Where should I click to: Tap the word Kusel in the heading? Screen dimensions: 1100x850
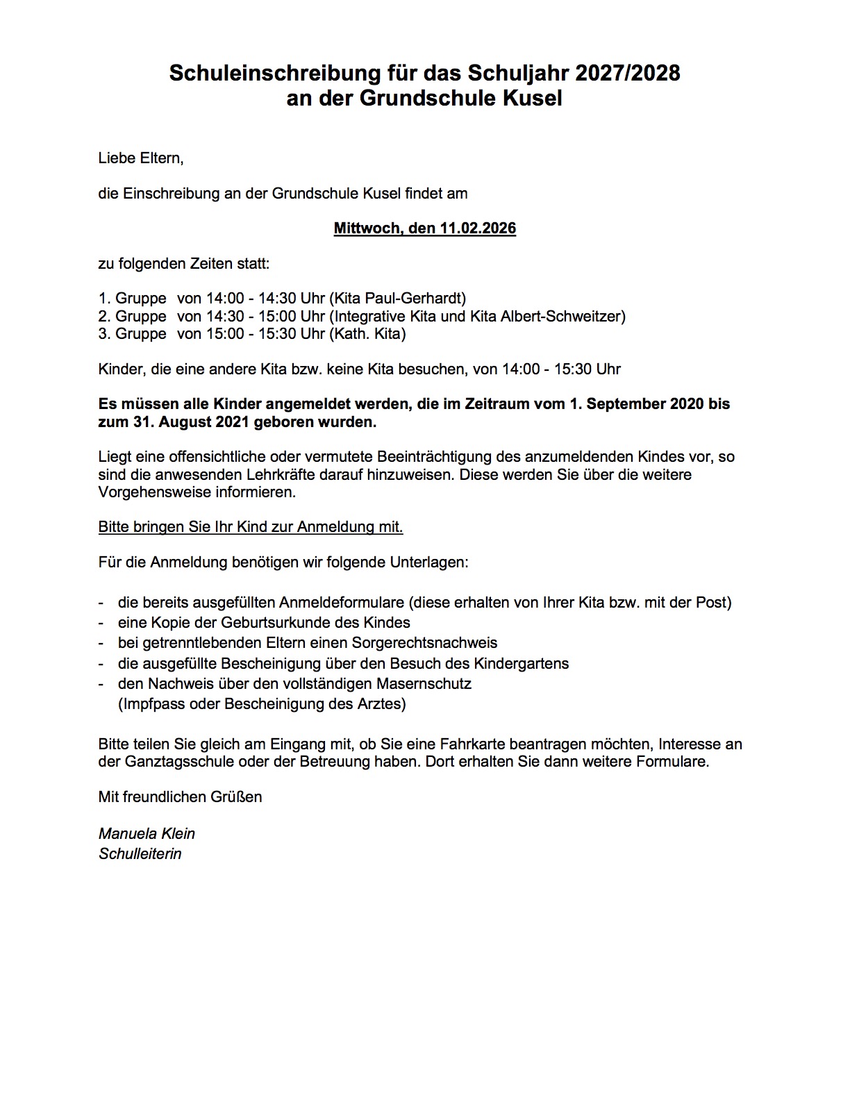tap(534, 99)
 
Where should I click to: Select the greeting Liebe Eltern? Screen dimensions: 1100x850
tap(141, 158)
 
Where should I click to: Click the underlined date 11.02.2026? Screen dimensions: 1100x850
tap(477, 228)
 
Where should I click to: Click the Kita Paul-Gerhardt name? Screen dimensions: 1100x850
tap(397, 299)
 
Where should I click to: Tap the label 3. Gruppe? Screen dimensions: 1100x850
tap(133, 334)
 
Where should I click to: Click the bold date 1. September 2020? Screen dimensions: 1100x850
tap(649, 403)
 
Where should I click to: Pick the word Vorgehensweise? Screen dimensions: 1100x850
tap(153, 492)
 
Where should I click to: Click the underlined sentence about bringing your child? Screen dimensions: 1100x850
tap(251, 527)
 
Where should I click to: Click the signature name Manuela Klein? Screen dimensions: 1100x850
tap(147, 833)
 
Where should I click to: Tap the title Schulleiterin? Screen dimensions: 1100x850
tap(140, 853)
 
